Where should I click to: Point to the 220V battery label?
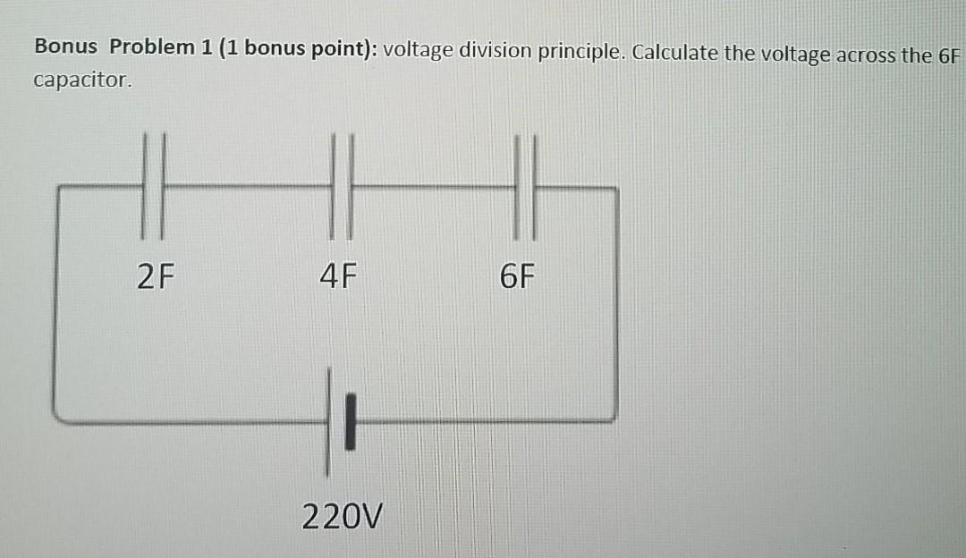point(342,516)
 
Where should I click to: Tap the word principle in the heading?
point(581,52)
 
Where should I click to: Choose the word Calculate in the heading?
point(672,53)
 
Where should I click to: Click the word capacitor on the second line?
point(81,80)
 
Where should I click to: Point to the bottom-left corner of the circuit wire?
point(56,417)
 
